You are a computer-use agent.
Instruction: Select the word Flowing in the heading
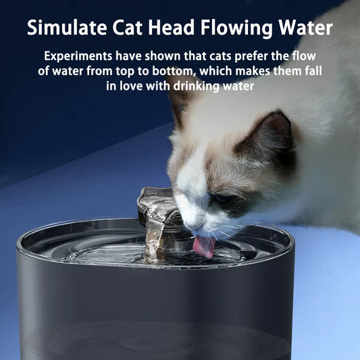(x=236, y=28)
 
